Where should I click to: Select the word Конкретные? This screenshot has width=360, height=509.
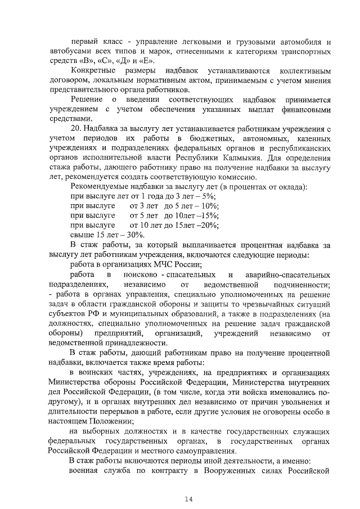coord(93,71)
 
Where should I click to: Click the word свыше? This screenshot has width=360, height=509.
coord(81,234)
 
